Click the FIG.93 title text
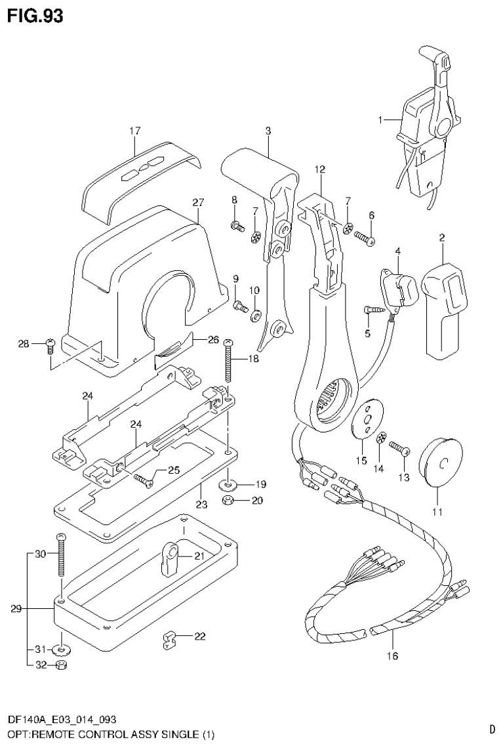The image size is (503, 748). (35, 16)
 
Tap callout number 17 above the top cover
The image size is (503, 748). (134, 131)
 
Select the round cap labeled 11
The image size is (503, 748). (440, 463)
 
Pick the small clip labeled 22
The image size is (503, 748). (170, 639)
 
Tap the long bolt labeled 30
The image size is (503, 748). (60, 555)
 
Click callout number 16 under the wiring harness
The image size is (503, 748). (393, 655)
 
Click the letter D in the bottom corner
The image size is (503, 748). (491, 728)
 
